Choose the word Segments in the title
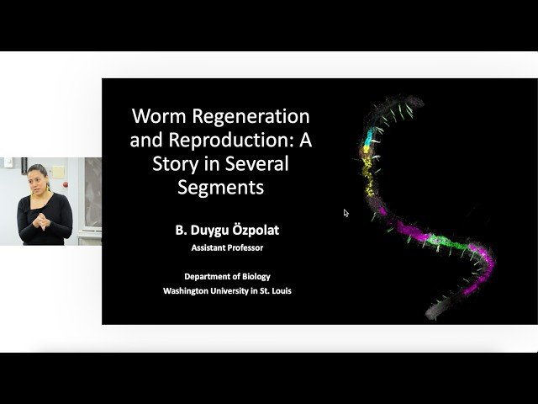[221, 186]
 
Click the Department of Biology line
[227, 276]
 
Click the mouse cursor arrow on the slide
[346, 213]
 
